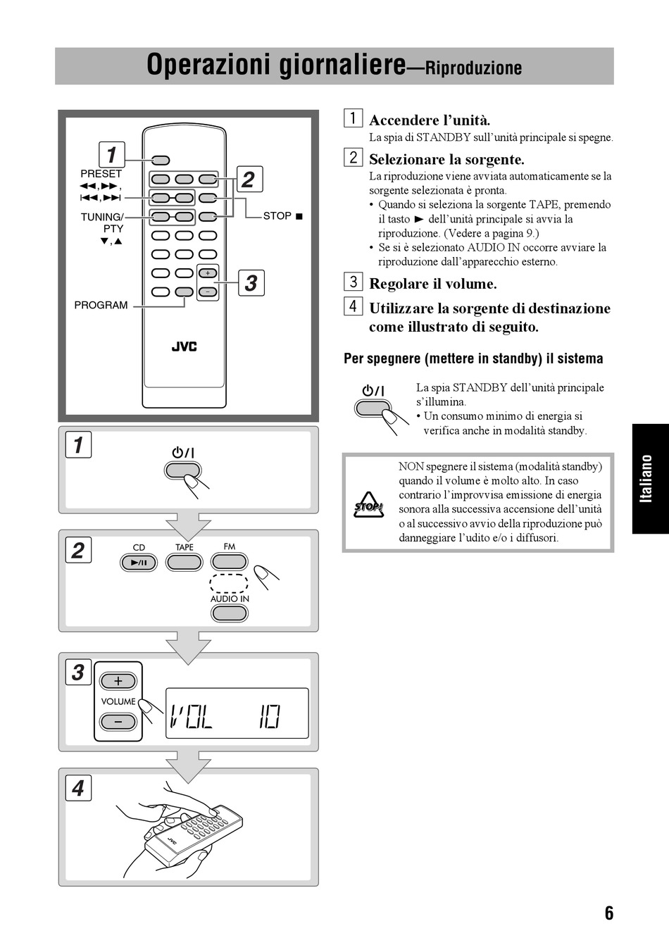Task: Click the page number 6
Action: coord(609,913)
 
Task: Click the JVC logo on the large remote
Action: coord(185,346)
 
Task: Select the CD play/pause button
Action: coord(139,563)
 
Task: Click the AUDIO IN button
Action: coord(230,613)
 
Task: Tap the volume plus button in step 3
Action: coord(118,681)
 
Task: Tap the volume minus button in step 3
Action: coord(118,722)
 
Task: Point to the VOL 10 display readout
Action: coord(237,714)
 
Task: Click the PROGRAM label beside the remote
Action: coord(101,305)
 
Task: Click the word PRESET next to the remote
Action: coord(101,173)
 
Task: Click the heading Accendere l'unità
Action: coord(430,120)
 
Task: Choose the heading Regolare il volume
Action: coord(433,284)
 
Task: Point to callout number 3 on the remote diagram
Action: coord(251,283)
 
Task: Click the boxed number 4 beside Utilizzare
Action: coord(353,306)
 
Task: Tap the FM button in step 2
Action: coord(230,561)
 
